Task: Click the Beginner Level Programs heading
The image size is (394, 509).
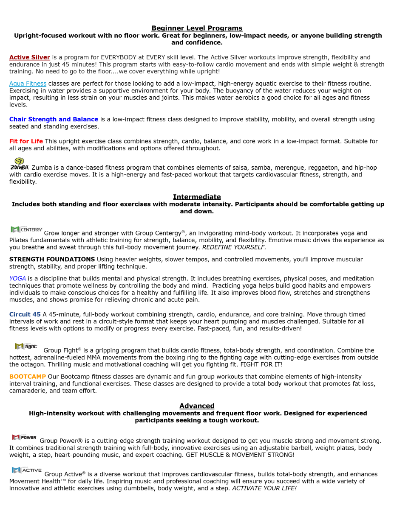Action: tap(197, 28)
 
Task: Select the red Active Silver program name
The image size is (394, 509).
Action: tap(30, 57)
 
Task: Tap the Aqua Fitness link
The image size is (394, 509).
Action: tap(28, 84)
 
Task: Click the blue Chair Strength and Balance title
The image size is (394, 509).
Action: tap(54, 119)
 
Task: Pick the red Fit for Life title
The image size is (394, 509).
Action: tap(26, 141)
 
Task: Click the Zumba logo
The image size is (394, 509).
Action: tap(19, 164)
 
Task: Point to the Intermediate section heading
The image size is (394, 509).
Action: tap(197, 197)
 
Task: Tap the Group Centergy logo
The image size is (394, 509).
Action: tap(26, 230)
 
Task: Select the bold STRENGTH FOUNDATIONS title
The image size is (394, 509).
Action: tap(52, 259)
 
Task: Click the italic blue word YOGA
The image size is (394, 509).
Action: tap(17, 279)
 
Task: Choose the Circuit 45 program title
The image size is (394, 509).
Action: tap(25, 314)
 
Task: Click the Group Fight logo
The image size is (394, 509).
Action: tap(26, 347)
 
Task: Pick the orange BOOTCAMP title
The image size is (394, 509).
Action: tap(28, 377)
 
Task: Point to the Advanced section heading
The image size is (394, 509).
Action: tap(197, 406)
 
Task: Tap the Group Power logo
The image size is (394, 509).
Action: tap(24, 437)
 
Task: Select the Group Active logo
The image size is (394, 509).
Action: tap(27, 470)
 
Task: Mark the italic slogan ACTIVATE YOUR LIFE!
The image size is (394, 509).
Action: tap(264, 488)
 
